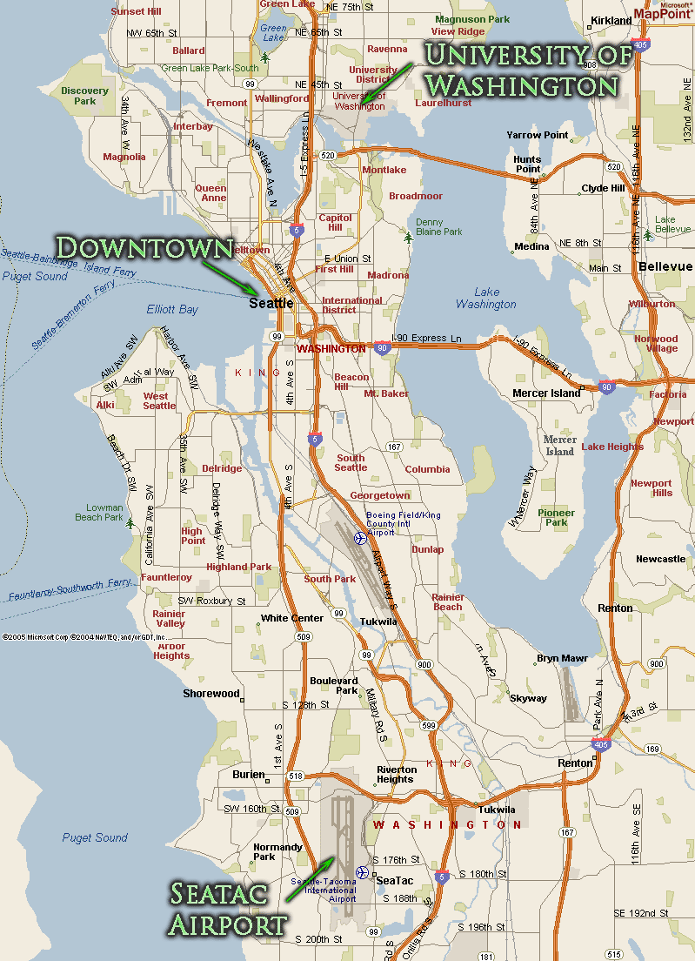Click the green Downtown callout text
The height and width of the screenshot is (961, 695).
pos(145,247)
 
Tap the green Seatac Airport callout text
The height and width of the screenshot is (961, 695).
pos(229,908)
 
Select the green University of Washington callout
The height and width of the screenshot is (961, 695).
pos(521,70)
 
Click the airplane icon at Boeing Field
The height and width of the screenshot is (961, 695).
pos(359,538)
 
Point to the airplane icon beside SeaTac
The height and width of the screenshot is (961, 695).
pos(362,871)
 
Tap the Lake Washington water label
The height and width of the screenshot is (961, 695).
pos(486,298)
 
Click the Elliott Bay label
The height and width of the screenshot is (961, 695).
pos(172,309)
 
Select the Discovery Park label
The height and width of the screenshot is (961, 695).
pos(85,96)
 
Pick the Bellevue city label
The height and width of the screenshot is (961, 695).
pos(665,265)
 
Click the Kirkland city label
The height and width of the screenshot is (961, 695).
pos(611,20)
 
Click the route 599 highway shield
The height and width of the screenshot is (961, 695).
pos(428,725)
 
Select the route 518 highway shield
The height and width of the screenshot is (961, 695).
pos(296,776)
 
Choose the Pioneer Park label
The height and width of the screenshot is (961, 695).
pos(557,518)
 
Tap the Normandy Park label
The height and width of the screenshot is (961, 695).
pos(277,851)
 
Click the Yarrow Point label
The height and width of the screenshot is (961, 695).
pos(538,135)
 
